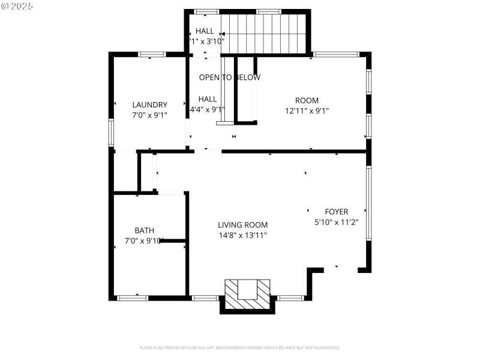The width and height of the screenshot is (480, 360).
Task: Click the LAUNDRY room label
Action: pyautogui.click(x=149, y=104)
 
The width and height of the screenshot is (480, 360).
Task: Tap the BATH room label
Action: pyautogui.click(x=144, y=230)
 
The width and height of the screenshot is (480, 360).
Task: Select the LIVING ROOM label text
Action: pyautogui.click(x=242, y=225)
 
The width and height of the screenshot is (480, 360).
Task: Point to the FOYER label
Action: pyautogui.click(x=336, y=212)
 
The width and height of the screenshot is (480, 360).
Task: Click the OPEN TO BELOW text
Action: pyautogui.click(x=230, y=77)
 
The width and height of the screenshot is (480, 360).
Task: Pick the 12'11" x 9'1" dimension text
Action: pyautogui.click(x=307, y=110)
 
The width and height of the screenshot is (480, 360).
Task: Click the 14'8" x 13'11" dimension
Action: pyautogui.click(x=242, y=235)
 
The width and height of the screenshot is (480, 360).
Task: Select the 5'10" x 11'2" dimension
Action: pyautogui.click(x=336, y=222)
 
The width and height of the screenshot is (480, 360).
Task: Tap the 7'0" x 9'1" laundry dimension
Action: pyautogui.click(x=149, y=115)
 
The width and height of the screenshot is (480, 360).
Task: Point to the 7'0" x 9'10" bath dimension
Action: pyautogui.click(x=144, y=241)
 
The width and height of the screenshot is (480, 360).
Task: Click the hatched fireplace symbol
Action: pyautogui.click(x=247, y=294)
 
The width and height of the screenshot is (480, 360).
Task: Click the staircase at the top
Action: pyautogui.click(x=264, y=34)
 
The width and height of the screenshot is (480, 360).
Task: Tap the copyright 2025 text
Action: pyautogui.click(x=17, y=6)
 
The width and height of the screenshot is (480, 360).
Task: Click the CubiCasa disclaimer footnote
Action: pyautogui.click(x=240, y=347)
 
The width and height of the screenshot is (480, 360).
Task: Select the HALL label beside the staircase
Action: pyautogui.click(x=205, y=31)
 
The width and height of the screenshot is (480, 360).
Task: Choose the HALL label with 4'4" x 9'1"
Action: pyautogui.click(x=208, y=99)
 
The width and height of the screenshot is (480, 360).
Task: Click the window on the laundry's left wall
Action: pyautogui.click(x=111, y=131)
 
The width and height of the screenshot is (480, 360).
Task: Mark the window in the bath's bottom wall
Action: pyautogui.click(x=132, y=298)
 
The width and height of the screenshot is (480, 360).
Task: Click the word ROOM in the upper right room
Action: pyautogui.click(x=307, y=100)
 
